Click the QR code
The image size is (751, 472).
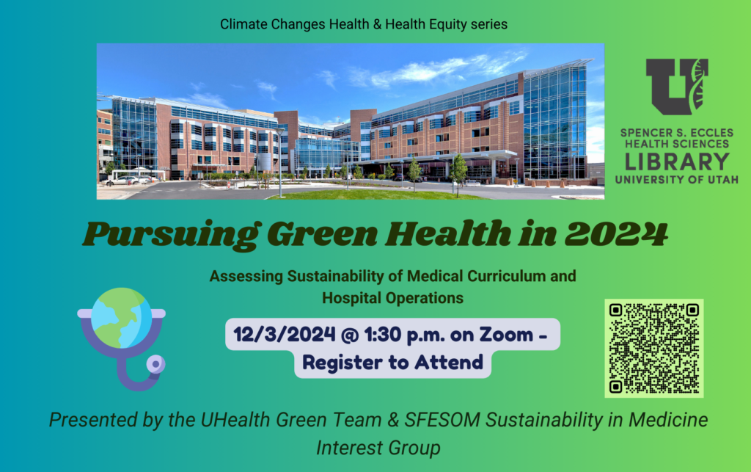tap(653, 349)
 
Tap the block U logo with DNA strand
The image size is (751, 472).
tap(677, 87)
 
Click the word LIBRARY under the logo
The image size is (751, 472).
tap(677, 162)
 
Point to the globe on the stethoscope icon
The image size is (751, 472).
tap(121, 318)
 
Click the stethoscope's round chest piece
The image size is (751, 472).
tap(155, 364)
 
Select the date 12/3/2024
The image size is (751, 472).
tap(285, 335)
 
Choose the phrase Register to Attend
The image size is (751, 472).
tap(393, 363)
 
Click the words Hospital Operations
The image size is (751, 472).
tap(393, 298)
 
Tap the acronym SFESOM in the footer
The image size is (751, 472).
tap(442, 420)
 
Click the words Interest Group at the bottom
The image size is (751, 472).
tap(378, 448)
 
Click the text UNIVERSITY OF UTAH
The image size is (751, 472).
tap(677, 180)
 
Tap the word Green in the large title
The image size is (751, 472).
tap(322, 234)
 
